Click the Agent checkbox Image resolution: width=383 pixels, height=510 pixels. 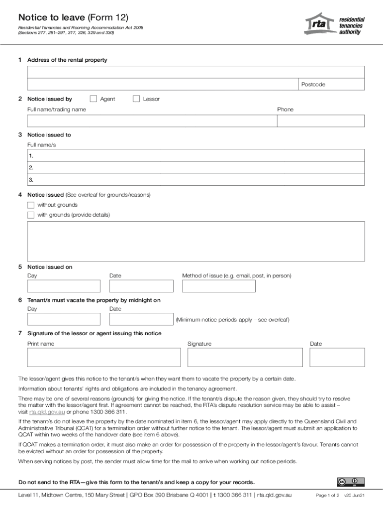coord(93,99)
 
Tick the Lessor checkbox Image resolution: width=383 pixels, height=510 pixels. coord(136,99)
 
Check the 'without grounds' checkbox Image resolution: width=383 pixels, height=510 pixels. coord(31,205)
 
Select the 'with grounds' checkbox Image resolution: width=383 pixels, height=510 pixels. coord(31,215)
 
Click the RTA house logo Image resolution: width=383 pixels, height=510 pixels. coord(319,24)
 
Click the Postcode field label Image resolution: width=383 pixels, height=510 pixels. coord(313,85)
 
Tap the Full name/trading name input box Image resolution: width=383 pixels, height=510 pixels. coord(152,121)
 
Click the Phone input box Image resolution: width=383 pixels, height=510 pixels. coord(321,121)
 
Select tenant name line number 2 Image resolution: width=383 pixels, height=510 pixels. coord(195,168)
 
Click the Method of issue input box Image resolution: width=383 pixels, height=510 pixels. coord(218,286)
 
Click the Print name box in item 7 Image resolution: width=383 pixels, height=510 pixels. coord(104,357)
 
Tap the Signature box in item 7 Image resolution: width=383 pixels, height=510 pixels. coord(245,357)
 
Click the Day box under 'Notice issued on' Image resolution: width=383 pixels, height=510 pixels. coord(64,286)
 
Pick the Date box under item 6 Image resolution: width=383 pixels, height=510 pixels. coord(141,319)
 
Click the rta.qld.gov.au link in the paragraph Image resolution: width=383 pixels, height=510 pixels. coord(47,412)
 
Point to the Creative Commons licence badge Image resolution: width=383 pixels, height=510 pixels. coord(351,482)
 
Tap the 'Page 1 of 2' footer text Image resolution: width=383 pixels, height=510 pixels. coord(327,496)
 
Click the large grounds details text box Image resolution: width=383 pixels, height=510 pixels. coord(195,241)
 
